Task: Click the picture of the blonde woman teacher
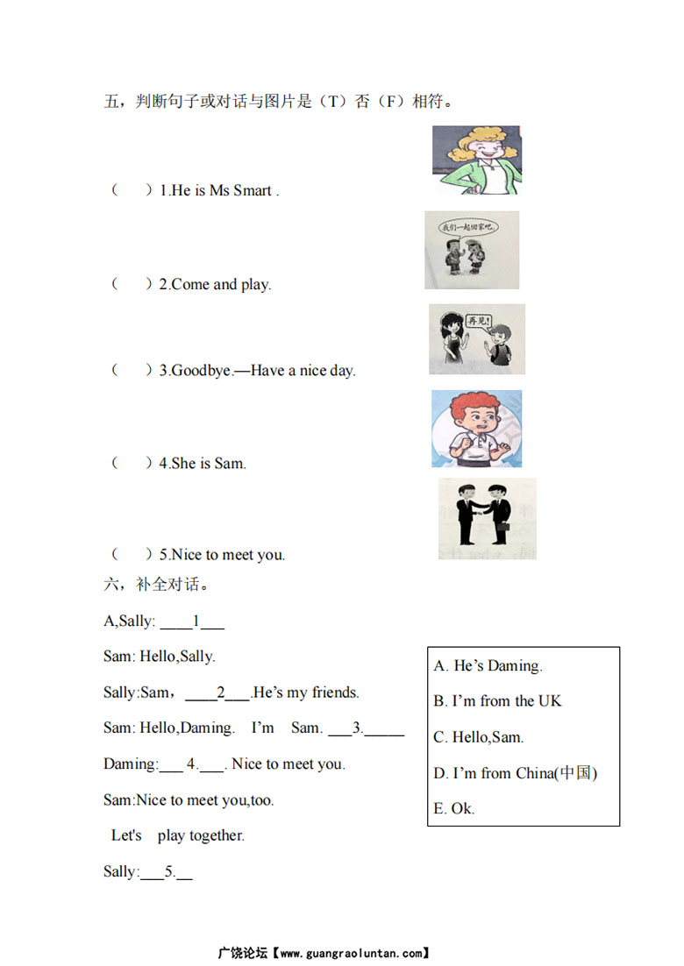point(476,160)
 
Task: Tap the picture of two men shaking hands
point(487,518)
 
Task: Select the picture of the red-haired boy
point(476,429)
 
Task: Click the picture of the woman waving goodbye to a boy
point(477,339)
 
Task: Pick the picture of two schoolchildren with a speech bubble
point(472,250)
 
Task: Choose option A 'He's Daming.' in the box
point(488,666)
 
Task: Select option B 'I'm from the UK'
point(497,701)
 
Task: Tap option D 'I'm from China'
point(515,773)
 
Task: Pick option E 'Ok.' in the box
point(454,808)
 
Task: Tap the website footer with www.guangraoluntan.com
point(324,952)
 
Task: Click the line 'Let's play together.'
point(178,836)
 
